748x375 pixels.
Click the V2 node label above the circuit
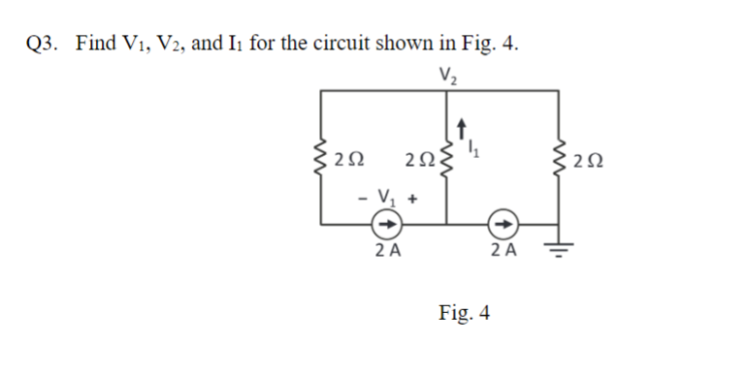[447, 72]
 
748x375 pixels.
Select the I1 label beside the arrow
[474, 147]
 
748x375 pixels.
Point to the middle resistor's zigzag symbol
[446, 156]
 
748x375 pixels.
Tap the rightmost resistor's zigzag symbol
[559, 156]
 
